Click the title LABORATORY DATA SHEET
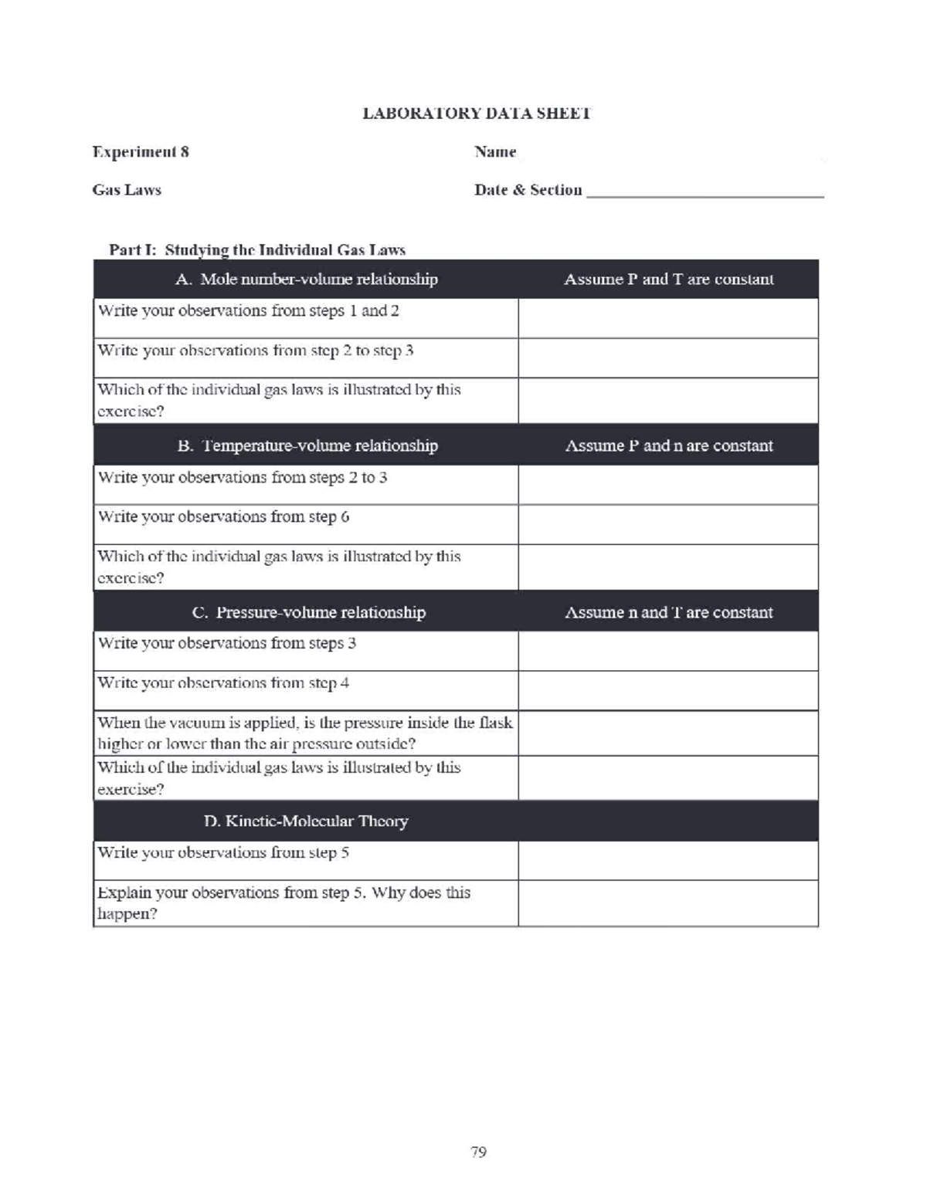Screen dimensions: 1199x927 point(477,113)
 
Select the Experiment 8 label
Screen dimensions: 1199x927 point(141,152)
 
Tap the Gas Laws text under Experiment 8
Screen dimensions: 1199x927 point(127,190)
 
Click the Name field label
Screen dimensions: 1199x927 point(495,152)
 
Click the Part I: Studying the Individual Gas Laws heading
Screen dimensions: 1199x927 point(257,249)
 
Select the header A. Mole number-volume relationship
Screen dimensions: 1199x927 point(306,279)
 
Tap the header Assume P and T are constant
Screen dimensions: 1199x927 point(668,279)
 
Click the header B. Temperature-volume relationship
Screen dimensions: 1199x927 point(307,445)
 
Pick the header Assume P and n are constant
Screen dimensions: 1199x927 point(668,445)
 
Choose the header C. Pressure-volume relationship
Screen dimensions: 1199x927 point(308,612)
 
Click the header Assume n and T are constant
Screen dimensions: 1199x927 point(668,612)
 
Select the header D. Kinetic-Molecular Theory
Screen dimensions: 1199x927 point(306,821)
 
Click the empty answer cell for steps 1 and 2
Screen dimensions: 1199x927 point(668,318)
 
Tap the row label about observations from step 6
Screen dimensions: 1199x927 point(224,517)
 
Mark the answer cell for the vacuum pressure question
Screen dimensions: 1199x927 point(668,733)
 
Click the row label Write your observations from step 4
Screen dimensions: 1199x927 point(224,683)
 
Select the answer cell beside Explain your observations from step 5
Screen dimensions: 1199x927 point(668,903)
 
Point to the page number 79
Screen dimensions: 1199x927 point(478,1152)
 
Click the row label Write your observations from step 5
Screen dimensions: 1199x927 point(224,852)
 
